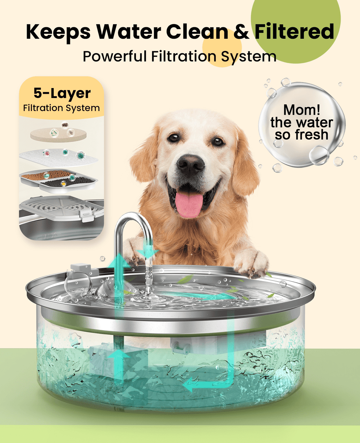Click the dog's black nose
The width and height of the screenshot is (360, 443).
point(190,163)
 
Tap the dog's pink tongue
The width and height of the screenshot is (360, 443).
point(189,204)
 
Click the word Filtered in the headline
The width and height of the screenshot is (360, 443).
point(294,32)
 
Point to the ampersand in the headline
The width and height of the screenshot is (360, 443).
point(241,32)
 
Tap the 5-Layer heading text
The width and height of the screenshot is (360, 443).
point(62,93)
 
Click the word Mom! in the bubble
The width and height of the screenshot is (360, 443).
point(302,110)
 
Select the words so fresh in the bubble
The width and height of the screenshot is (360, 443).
point(302,135)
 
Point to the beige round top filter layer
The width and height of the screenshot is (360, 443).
point(58,134)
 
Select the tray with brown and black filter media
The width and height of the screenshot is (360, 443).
point(58,180)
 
